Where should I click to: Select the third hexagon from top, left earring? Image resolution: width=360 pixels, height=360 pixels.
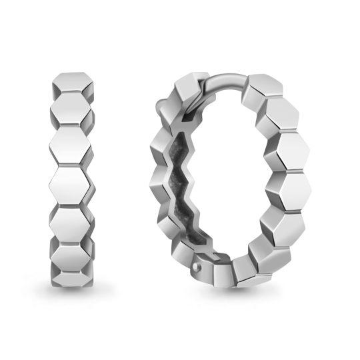71,143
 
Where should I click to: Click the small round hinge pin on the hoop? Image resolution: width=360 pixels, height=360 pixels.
196,266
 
